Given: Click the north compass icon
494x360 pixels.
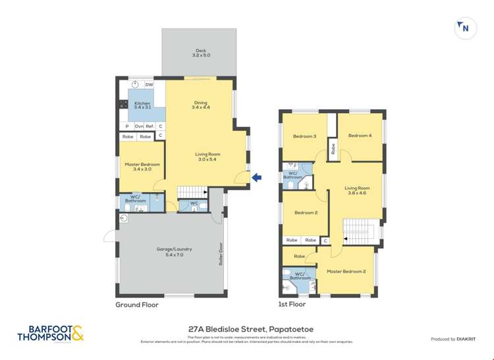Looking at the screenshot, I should (x=466, y=28).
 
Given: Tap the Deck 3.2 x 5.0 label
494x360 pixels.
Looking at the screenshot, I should (x=200, y=53).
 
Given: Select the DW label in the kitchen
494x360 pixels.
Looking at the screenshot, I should (x=149, y=85).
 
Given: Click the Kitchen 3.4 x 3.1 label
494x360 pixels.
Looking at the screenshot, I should (x=142, y=106).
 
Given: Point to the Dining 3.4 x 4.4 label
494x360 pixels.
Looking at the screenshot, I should (x=200, y=105).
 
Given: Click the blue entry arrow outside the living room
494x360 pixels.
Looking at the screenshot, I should (x=258, y=177).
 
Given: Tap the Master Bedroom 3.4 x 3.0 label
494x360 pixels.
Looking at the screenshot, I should (x=142, y=167).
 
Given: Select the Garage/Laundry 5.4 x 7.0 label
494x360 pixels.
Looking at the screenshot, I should (x=174, y=251).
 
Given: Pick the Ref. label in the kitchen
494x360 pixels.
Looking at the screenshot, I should (x=150, y=126).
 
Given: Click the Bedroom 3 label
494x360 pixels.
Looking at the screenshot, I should (x=305, y=136).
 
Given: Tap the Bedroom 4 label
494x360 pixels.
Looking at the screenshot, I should (x=360, y=136).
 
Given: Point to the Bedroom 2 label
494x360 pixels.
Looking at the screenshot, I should (x=306, y=213).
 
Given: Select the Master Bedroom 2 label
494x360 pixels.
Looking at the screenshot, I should (x=346, y=271).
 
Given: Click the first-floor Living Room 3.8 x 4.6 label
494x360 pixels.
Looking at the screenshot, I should (x=356, y=190).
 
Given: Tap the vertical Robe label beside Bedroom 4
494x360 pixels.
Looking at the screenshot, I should (x=333, y=149).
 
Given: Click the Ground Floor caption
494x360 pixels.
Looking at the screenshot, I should (x=137, y=305).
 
